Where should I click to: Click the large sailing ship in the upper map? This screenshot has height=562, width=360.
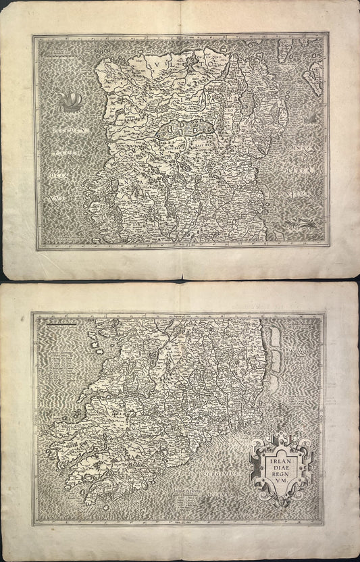coord(68,102)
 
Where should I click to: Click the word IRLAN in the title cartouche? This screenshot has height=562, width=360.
coord(277,456)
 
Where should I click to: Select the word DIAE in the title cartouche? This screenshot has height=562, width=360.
coord(277,465)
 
